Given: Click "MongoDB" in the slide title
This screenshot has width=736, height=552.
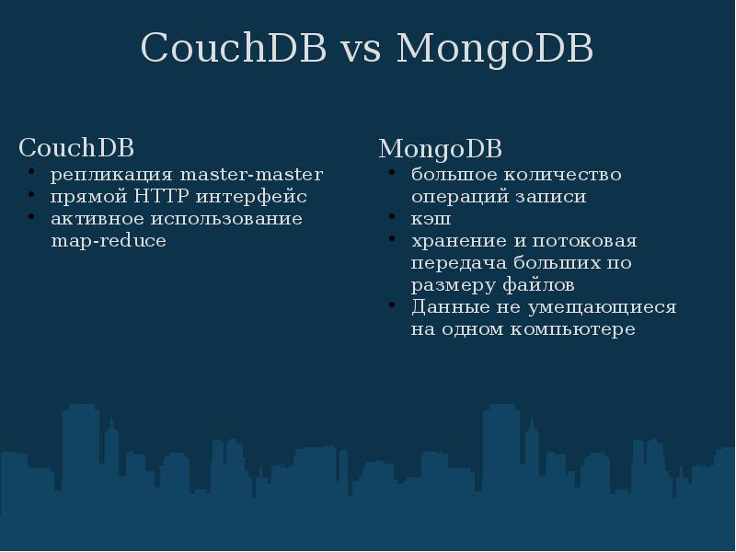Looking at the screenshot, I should pyautogui.click(x=494, y=50).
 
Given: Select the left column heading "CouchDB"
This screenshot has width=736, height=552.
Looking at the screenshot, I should pyautogui.click(x=76, y=147).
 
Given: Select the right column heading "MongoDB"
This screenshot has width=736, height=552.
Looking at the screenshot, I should pyautogui.click(x=440, y=148).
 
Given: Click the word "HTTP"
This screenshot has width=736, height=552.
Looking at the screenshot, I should pyautogui.click(x=160, y=197).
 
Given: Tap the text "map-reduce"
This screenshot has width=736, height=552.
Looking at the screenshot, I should pyautogui.click(x=109, y=241).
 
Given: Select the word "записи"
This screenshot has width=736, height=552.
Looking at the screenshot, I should pyautogui.click(x=554, y=197).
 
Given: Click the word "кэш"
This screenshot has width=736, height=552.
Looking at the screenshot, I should pyautogui.click(x=431, y=219).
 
